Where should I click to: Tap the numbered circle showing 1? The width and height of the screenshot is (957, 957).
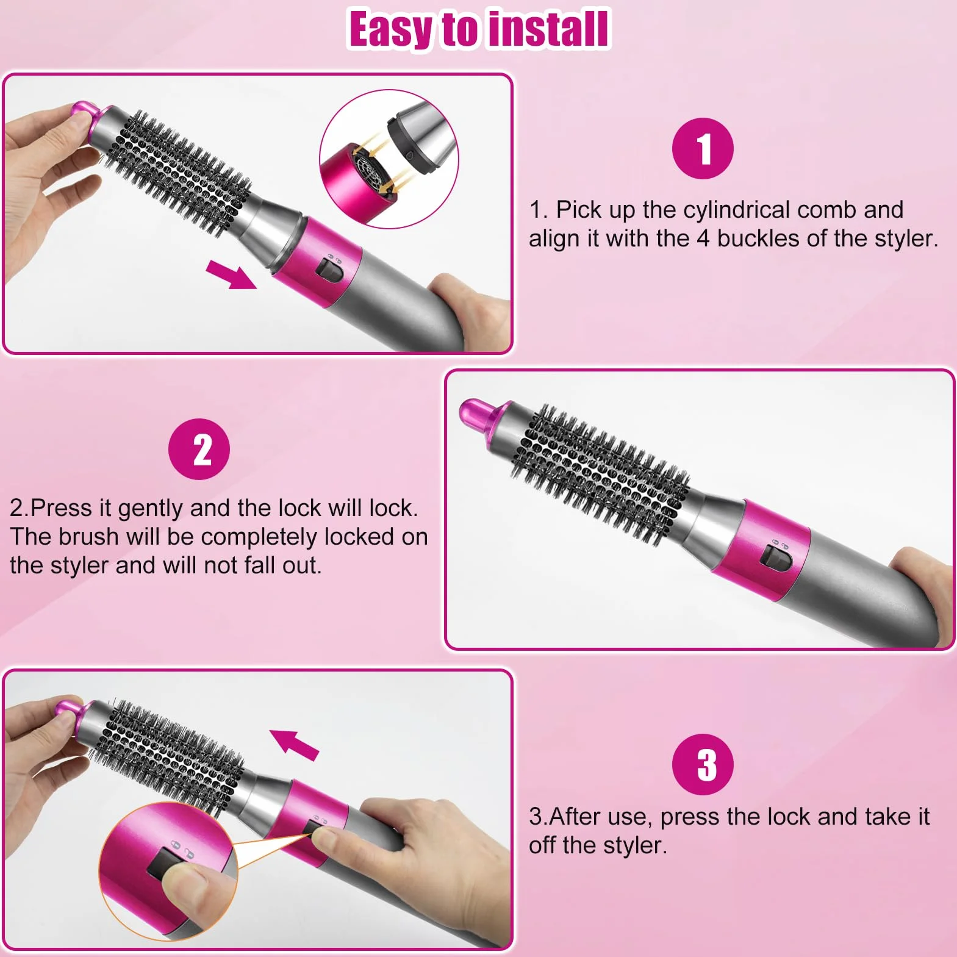tap(703, 148)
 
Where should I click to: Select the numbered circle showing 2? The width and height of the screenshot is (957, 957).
tap(199, 449)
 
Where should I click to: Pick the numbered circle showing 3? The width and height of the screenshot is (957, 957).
tap(703, 764)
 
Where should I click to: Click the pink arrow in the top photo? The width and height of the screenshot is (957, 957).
tap(231, 274)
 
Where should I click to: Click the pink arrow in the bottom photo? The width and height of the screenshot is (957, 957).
tap(295, 744)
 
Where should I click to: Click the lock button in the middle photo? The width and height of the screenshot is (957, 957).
tap(776, 559)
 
